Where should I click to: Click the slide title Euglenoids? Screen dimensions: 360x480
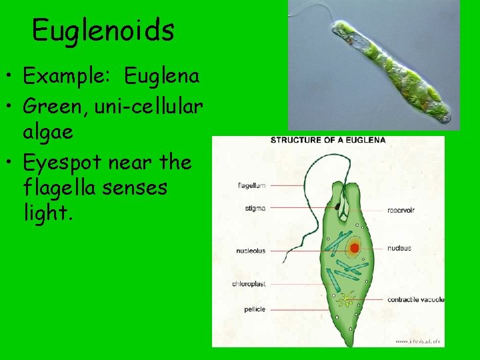tap(103, 30)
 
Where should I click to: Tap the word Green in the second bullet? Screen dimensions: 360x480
tap(53, 105)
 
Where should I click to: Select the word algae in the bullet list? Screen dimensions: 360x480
tap(49, 133)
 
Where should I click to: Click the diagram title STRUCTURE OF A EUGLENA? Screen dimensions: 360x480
tap(327, 140)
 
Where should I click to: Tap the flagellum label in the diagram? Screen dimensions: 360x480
tap(251, 185)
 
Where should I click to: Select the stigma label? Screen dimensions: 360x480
tap(255, 208)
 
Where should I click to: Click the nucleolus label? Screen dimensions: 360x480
tap(251, 251)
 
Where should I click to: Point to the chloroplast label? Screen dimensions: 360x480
tap(249, 283)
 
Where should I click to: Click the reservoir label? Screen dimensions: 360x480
tap(401, 210)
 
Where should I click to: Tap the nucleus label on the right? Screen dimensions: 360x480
tap(399, 248)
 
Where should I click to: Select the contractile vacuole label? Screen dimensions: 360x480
tap(415, 299)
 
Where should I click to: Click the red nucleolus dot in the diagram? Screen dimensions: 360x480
tap(355, 248)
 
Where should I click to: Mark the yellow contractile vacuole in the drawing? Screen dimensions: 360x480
tap(345, 301)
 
